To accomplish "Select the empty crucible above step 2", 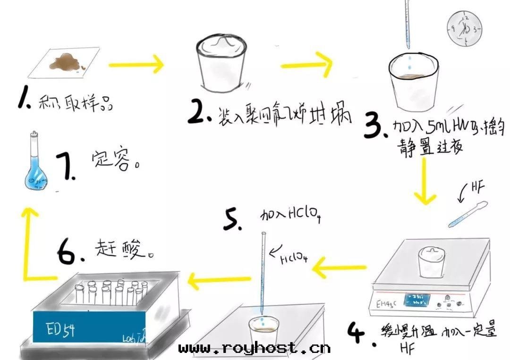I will pos(221,63).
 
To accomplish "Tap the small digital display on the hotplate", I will pos(415,299).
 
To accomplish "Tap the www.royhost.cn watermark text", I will pos(255,349).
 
